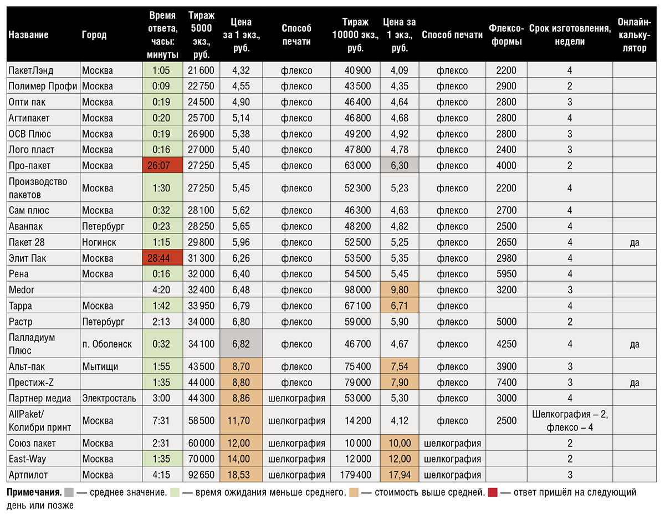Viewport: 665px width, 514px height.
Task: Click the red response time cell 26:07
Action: pyautogui.click(x=162, y=165)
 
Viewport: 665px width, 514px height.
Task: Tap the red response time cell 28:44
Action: pyautogui.click(x=162, y=258)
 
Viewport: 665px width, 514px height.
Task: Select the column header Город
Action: pyautogui.click(x=94, y=34)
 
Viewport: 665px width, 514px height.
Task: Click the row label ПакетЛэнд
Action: pyautogui.click(x=31, y=70)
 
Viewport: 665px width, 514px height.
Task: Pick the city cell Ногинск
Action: pyautogui.click(x=99, y=242)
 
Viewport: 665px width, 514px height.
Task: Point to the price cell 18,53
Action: pyautogui.click(x=241, y=475)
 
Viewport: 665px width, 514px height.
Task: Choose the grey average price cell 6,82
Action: pyautogui.click(x=241, y=344)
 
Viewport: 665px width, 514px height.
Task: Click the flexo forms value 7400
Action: pyautogui.click(x=507, y=382)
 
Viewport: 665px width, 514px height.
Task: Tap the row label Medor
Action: pyautogui.click(x=22, y=289)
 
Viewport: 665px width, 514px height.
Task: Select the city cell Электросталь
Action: pyautogui.click(x=109, y=398)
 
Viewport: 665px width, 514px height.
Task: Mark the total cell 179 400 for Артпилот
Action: pyautogui.click(x=355, y=475)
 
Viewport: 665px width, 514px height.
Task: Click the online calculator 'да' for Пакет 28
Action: pyautogui.click(x=635, y=242)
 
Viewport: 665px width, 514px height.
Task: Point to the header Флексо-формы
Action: pyautogui.click(x=507, y=34)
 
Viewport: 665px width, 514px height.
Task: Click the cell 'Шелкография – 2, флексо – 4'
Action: pyautogui.click(x=570, y=420)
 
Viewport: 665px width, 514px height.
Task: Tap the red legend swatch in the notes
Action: pyautogui.click(x=493, y=492)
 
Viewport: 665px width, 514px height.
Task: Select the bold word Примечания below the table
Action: pyautogui.click(x=34, y=492)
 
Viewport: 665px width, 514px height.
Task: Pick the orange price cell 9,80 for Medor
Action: pyautogui.click(x=400, y=289)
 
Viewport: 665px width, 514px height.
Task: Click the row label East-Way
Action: pyautogui.click(x=28, y=459)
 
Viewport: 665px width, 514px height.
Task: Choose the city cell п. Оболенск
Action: pyautogui.click(x=107, y=344)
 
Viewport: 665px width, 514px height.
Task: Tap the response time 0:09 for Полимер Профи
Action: pyautogui.click(x=161, y=86)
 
